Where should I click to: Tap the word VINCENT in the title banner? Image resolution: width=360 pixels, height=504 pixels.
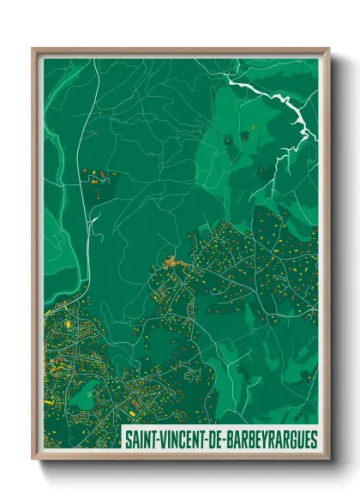[183, 441]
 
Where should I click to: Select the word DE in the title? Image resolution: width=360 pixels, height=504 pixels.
[218, 441]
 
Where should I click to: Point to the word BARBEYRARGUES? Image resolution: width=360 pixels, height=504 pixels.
[272, 441]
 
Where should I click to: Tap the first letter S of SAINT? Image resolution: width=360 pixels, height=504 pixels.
[128, 441]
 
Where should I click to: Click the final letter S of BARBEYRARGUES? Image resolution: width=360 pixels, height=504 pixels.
[314, 441]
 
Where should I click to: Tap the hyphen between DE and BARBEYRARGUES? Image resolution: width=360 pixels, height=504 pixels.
[227, 441]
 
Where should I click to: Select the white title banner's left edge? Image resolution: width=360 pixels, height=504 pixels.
[123, 441]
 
